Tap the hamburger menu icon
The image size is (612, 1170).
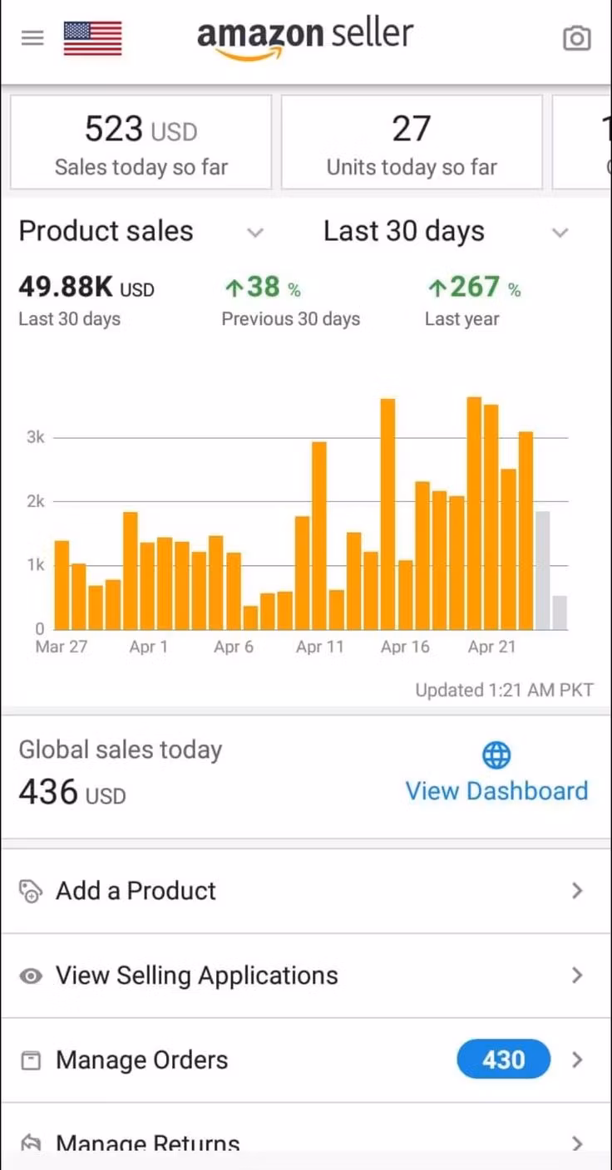[32, 38]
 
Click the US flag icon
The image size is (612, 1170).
[92, 38]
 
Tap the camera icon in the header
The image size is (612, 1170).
[576, 38]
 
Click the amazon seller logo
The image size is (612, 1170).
[304, 38]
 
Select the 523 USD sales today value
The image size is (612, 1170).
[141, 130]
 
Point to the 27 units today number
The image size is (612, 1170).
[411, 130]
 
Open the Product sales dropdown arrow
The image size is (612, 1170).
[255, 233]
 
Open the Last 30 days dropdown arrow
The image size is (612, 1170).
[560, 233]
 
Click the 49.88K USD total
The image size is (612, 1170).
[86, 288]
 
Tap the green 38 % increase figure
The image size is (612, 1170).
[263, 288]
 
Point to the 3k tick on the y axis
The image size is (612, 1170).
[35, 437]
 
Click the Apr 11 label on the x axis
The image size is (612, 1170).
[319, 647]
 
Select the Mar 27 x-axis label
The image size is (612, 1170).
[61, 647]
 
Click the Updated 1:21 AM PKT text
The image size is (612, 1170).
[504, 691]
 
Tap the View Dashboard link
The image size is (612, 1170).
[496, 791]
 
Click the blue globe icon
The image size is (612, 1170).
[496, 755]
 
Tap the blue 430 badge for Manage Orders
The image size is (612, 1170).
[503, 1060]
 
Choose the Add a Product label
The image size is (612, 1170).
[136, 891]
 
